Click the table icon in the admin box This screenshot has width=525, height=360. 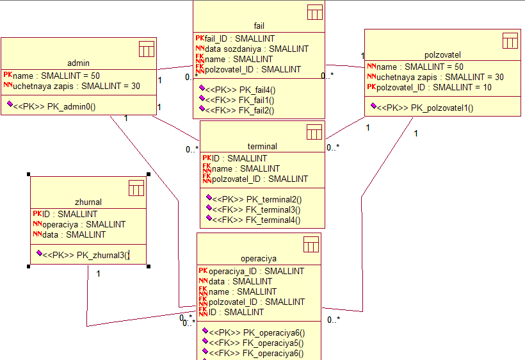147,49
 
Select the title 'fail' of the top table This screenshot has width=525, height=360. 259,26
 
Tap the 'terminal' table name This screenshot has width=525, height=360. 262,147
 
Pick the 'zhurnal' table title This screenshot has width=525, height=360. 88,202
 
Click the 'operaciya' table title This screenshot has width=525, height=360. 259,259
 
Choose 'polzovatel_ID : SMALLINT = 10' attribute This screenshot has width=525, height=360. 434,87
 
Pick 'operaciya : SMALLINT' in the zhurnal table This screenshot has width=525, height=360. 84,224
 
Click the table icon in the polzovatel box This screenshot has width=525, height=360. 510,41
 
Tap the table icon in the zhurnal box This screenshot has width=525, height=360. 136,188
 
